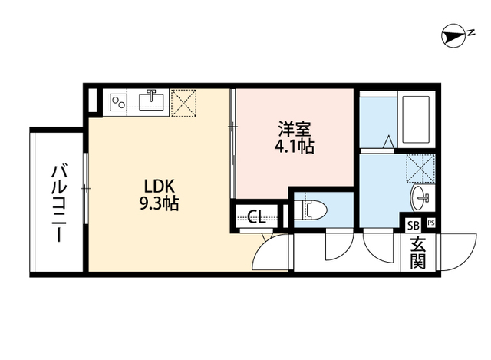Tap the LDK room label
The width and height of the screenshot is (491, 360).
(x=160, y=187)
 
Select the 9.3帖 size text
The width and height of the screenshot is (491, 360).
(x=160, y=204)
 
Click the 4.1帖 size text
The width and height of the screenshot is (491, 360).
(x=294, y=146)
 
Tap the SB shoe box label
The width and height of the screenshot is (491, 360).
(x=413, y=225)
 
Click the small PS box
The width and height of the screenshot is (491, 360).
(x=430, y=224)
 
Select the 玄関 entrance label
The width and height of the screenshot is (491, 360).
(x=417, y=254)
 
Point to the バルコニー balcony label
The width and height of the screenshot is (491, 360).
(x=58, y=203)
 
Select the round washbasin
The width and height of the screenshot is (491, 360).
(x=423, y=197)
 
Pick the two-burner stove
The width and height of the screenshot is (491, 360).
(x=119, y=101)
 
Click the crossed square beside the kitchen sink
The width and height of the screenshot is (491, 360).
(x=184, y=102)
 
